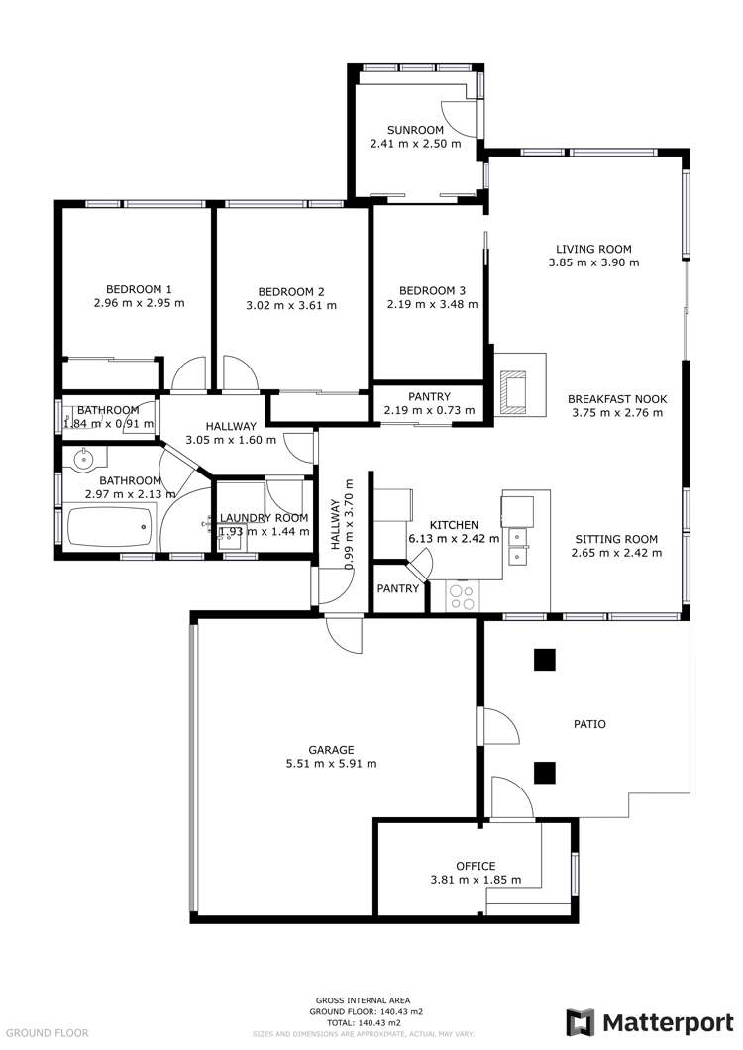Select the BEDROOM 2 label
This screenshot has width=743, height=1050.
coord(291,291)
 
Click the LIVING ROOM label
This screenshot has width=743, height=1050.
coord(593,250)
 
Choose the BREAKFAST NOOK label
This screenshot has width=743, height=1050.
coord(617,399)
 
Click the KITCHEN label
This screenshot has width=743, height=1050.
coord(455,525)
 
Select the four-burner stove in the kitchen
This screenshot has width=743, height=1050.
coord(463,596)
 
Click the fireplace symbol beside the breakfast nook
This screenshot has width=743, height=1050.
coord(515,389)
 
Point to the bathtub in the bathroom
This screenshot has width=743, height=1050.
coord(110,526)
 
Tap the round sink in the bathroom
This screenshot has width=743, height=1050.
coord(84,459)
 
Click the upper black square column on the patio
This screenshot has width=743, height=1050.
coord(543,659)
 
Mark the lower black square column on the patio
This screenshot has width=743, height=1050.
coord(543,773)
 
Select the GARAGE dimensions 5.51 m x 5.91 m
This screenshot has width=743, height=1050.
coord(331,764)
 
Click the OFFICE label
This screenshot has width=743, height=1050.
coord(476,866)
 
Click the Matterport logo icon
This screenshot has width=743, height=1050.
coord(581,1022)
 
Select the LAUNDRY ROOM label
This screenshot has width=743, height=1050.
coord(265,518)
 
